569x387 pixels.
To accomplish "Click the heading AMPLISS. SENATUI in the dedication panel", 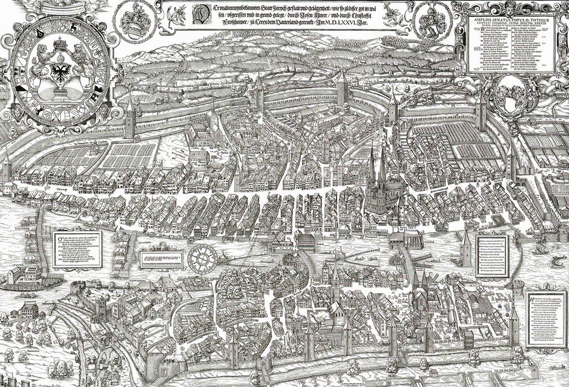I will [x=507, y=14].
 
